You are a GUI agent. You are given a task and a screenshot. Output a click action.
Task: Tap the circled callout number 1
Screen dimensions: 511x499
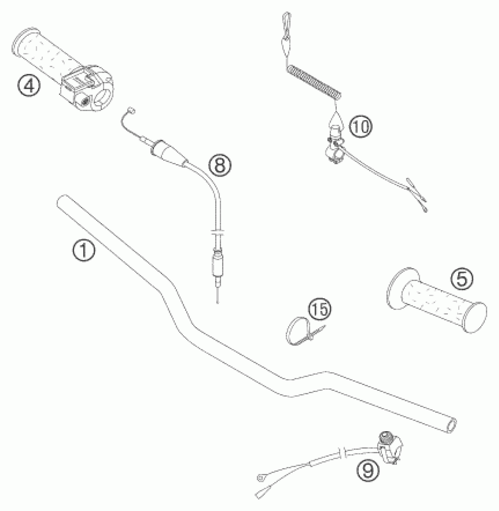pyautogui.click(x=84, y=251)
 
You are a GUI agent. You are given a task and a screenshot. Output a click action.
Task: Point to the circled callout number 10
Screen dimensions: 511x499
pyautogui.click(x=360, y=127)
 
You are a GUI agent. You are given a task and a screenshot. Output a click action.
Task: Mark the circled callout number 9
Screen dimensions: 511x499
pyautogui.click(x=368, y=470)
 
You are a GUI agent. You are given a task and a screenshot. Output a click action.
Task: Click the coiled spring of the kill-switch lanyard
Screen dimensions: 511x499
pyautogui.click(x=314, y=83)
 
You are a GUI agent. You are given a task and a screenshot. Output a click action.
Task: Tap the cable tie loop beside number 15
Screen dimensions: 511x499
pyautogui.click(x=294, y=331)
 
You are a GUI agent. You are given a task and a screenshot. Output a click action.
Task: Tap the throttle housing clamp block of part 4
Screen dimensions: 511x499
pyautogui.click(x=85, y=92)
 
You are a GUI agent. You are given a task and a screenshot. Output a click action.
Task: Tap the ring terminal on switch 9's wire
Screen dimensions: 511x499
pyautogui.click(x=260, y=478)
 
